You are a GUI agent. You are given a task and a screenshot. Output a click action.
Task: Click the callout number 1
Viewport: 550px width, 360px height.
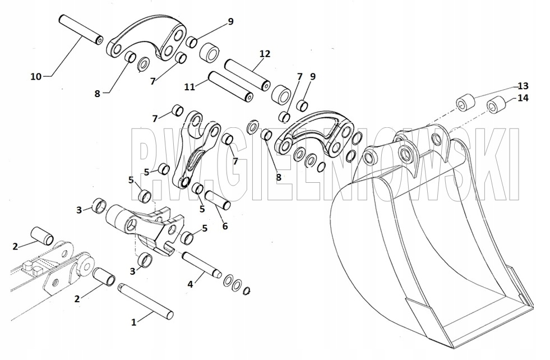coord(133,322)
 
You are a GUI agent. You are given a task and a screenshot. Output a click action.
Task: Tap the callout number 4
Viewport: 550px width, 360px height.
coord(190,284)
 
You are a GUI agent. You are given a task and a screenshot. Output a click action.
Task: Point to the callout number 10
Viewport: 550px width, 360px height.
coord(35,76)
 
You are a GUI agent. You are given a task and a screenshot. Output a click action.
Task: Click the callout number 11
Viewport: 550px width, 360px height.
coord(190,86)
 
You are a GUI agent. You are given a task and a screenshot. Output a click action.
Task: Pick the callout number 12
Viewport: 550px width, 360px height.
coord(265,54)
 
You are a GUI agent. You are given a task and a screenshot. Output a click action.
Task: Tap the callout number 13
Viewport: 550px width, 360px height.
coord(523,86)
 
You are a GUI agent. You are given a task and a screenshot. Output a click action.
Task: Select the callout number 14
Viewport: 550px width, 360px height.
coord(523,98)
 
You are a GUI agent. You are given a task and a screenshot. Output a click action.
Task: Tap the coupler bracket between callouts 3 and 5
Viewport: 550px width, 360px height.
coord(149,224)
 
